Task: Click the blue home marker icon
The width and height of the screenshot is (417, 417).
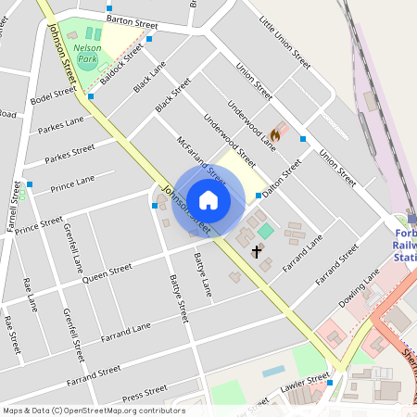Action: [x=208, y=199]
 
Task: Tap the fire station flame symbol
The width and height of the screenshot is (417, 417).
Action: [x=275, y=134]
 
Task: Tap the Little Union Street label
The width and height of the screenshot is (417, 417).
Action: [x=284, y=42]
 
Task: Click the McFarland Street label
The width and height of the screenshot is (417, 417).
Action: [x=201, y=159]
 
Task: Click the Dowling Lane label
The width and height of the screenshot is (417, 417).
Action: [x=359, y=288]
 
